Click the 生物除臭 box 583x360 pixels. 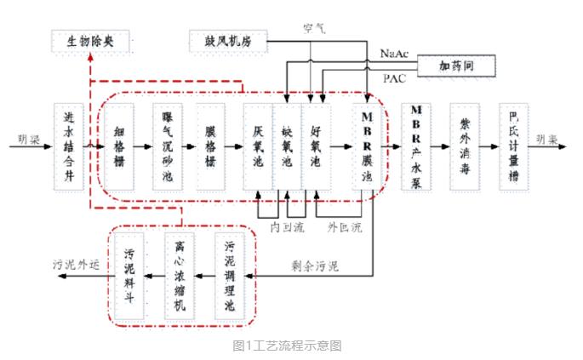click(84, 40)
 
